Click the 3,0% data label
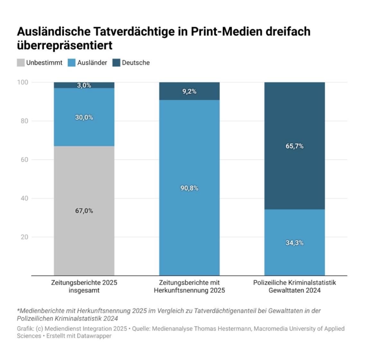[84, 85]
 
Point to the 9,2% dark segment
[189, 92]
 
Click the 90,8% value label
[189, 188]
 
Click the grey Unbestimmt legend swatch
[21, 63]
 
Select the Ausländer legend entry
[92, 63]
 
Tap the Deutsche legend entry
[135, 63]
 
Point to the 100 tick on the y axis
[22, 82]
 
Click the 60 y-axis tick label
[24, 160]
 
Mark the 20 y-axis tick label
[24, 237]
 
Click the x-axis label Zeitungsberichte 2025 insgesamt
[84, 286]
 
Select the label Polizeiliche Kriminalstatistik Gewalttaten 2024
[294, 286]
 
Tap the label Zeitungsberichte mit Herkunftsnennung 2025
[189, 286]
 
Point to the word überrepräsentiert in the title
[65, 45]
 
